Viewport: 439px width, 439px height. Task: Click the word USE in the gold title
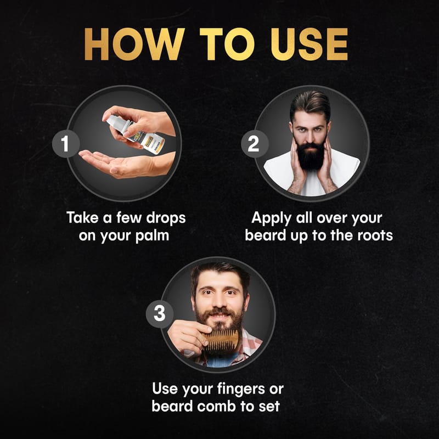point(309,44)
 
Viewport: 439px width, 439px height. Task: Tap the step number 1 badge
point(66,144)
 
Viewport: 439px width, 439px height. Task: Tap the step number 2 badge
point(255,144)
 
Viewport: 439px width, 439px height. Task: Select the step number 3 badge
point(160,313)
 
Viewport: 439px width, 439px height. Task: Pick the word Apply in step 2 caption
point(271,218)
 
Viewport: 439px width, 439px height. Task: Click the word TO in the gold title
point(227,44)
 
